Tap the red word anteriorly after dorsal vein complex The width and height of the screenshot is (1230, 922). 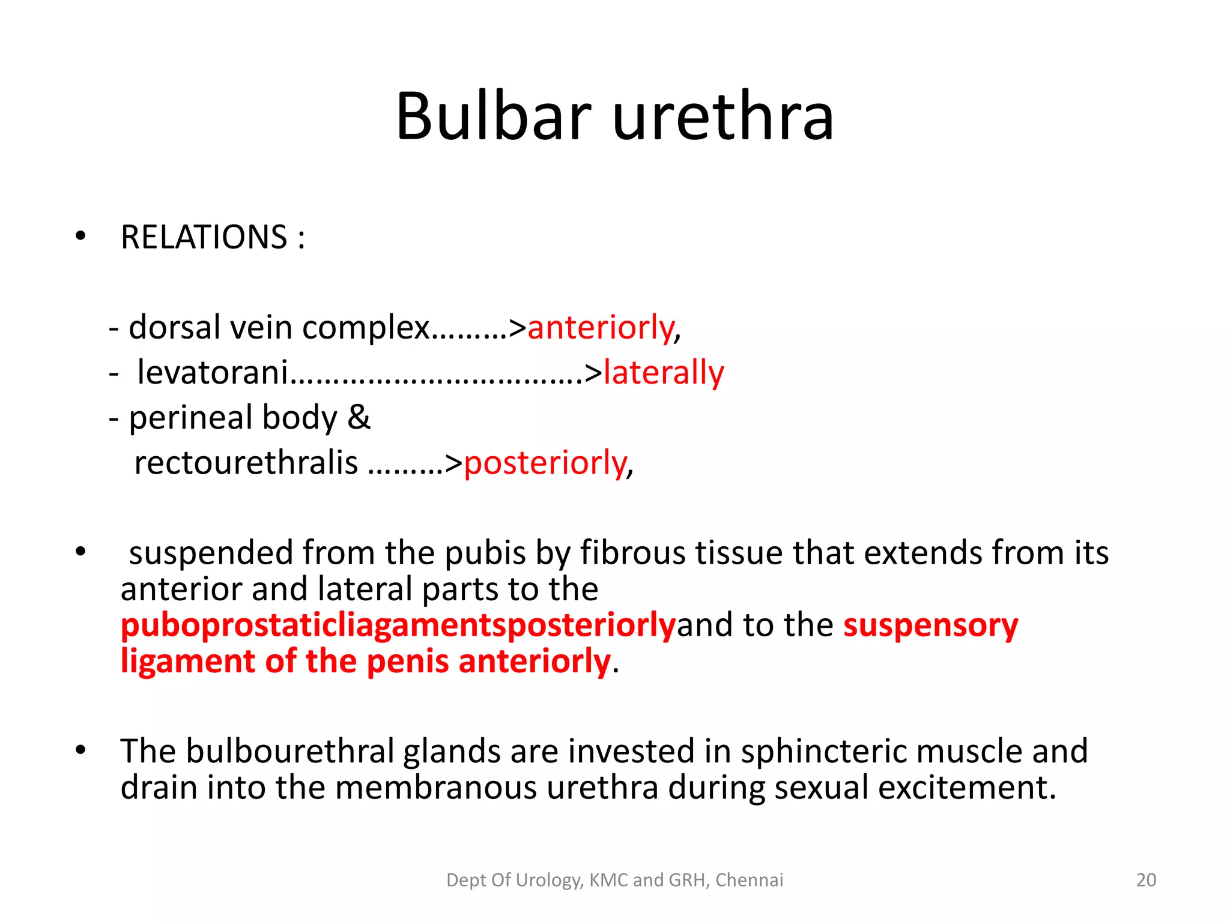pyautogui.click(x=601, y=328)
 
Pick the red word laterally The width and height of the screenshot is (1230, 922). pyautogui.click(x=664, y=373)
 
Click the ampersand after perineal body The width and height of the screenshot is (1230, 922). pyautogui.click(x=359, y=417)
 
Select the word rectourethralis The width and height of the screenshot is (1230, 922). pyautogui.click(x=246, y=463)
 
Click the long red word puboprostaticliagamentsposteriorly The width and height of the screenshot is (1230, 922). pyautogui.click(x=398, y=625)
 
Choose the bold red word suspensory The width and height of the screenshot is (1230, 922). pyautogui.click(x=931, y=625)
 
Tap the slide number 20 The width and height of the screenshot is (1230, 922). pyautogui.click(x=1146, y=880)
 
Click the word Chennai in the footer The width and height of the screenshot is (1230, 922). pyautogui.click(x=749, y=880)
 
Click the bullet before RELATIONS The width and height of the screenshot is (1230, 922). pyautogui.click(x=80, y=237)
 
